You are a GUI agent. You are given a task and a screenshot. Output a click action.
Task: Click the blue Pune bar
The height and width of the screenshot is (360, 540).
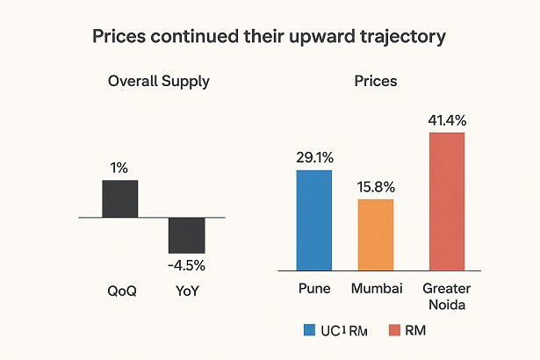point(313,220)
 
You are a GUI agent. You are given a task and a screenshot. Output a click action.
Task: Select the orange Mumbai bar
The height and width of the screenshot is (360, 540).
point(376,234)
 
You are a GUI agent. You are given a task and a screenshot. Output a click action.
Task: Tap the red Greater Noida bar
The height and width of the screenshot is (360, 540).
point(446,201)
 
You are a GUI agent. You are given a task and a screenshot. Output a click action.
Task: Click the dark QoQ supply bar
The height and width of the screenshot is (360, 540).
point(119,198)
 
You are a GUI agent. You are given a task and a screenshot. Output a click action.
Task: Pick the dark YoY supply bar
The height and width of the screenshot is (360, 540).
point(186,235)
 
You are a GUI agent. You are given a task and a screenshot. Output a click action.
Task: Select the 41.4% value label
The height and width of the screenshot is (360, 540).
point(446,119)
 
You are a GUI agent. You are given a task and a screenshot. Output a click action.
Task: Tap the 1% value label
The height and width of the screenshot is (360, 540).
point(119,167)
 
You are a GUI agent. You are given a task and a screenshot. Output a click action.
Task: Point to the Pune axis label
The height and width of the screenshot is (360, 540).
point(313,288)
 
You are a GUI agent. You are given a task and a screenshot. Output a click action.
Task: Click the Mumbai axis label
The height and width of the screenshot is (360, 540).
point(376,288)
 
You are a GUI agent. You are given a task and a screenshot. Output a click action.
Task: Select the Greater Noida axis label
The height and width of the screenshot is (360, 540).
point(446,296)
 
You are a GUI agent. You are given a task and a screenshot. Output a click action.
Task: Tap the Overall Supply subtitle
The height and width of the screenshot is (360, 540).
point(158,81)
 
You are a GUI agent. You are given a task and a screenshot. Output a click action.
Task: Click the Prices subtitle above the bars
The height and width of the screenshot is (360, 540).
point(376,81)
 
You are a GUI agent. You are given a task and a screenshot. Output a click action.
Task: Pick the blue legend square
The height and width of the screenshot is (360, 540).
point(309,330)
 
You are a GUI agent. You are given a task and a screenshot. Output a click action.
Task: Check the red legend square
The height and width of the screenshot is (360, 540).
point(394,330)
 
